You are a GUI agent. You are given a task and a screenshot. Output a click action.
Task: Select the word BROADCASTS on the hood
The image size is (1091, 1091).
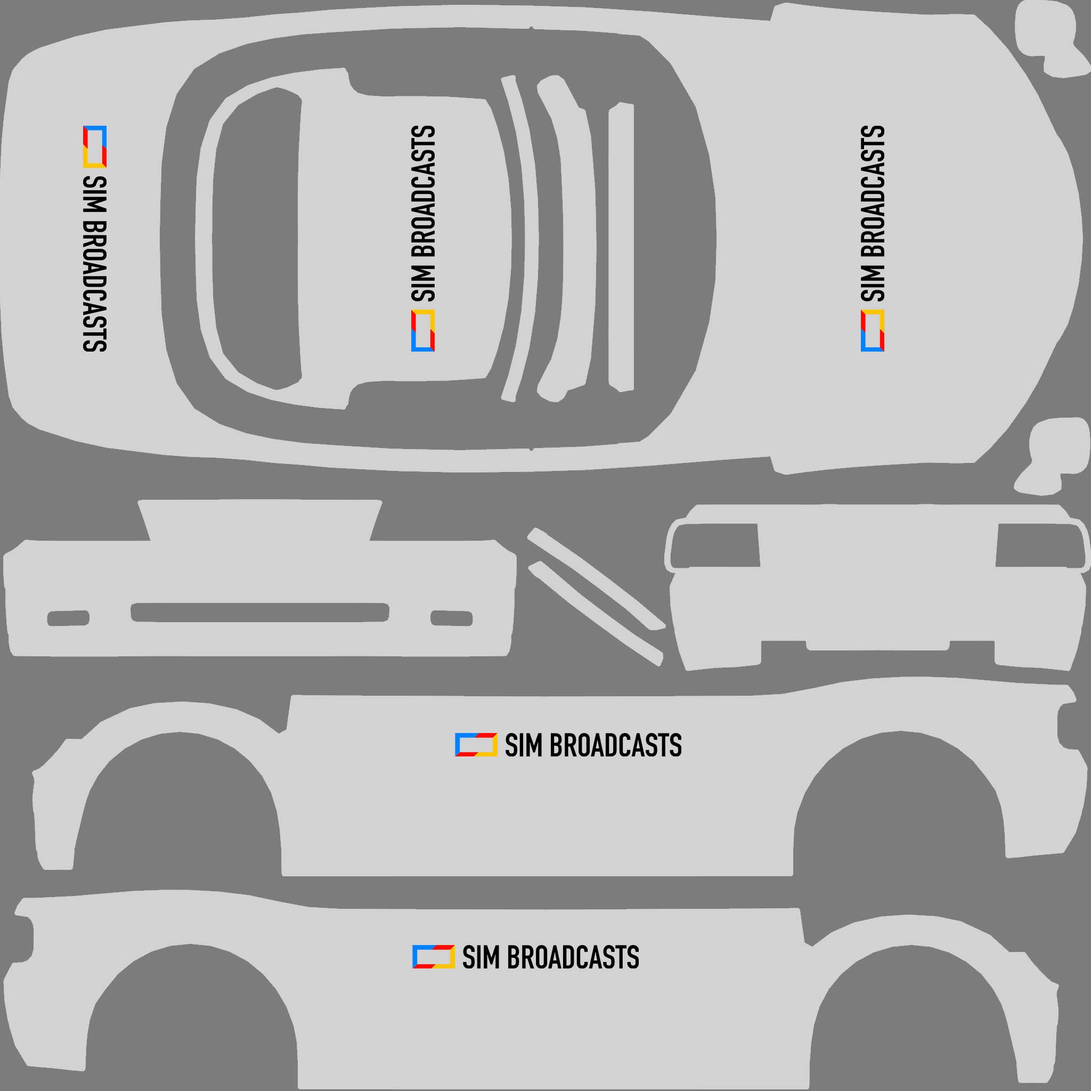pyautogui.click(x=873, y=192)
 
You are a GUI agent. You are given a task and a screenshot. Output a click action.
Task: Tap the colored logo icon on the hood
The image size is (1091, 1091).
pyautogui.click(x=873, y=330)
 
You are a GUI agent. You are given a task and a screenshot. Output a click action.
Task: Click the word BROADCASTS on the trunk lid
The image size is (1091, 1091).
pyautogui.click(x=95, y=285)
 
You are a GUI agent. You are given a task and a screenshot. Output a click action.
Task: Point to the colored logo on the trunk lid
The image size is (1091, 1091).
pyautogui.click(x=95, y=146)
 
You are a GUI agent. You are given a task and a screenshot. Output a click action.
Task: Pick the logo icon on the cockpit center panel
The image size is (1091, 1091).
pyautogui.click(x=423, y=330)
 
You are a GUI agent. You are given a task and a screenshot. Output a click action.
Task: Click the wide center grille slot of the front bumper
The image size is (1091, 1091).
pyautogui.click(x=260, y=612)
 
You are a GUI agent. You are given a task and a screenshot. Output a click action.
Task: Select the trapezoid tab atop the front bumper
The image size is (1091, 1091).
pyautogui.click(x=260, y=519)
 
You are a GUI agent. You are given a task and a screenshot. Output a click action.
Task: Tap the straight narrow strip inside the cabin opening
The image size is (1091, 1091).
pyautogui.click(x=621, y=247)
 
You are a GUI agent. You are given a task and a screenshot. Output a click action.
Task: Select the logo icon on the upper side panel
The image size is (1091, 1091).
pyautogui.click(x=476, y=745)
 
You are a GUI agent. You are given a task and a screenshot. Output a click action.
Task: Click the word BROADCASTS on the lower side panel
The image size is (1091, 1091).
pyautogui.click(x=573, y=957)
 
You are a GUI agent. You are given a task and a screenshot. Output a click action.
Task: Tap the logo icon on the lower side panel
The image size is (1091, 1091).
pyautogui.click(x=434, y=957)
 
